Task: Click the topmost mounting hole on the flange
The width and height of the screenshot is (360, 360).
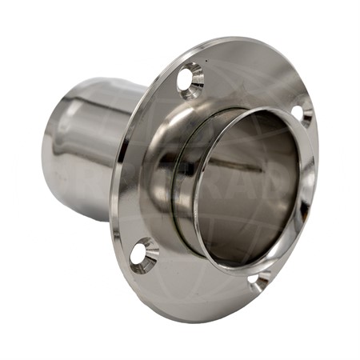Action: click(x=191, y=78)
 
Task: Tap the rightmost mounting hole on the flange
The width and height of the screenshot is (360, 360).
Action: click(x=302, y=110)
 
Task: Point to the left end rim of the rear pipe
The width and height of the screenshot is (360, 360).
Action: click(x=50, y=152)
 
